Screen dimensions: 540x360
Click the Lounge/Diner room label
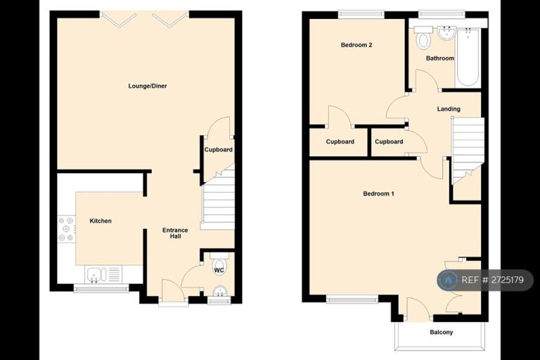point(148,86)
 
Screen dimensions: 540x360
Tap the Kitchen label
point(101,221)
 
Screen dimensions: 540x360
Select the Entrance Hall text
point(175,233)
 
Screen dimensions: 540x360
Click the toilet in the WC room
point(219,265)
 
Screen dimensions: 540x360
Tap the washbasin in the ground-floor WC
point(219,292)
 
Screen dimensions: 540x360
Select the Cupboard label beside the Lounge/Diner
point(219,150)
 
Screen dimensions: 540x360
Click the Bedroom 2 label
point(356,45)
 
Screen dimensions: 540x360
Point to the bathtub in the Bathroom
point(468,58)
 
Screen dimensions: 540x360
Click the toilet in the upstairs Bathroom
point(423,37)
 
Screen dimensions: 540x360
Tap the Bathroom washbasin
point(447,33)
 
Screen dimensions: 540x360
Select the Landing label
point(449,109)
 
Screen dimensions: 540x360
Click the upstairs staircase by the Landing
point(468,150)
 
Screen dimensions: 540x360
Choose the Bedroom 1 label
point(378,193)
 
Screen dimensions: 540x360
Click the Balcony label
point(441,332)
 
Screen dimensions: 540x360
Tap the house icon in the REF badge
point(448,280)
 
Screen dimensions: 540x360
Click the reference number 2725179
point(508,280)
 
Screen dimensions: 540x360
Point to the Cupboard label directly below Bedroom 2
point(340,141)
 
